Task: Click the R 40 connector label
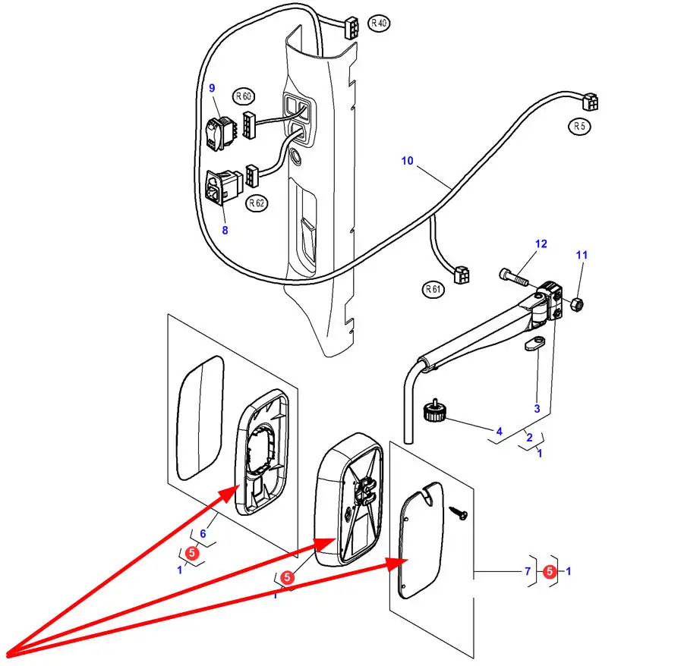coord(379,24)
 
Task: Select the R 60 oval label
coord(244,96)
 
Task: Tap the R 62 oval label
coord(257,203)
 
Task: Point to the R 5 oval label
coord(580,127)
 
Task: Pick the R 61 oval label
coord(433,288)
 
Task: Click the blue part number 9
coord(212,89)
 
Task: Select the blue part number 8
coord(225,230)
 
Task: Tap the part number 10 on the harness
coord(408,161)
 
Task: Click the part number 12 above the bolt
coord(541,244)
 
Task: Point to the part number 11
coord(582,256)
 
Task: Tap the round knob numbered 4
coord(434,414)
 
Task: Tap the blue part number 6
coord(203,534)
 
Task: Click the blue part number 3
coord(537,409)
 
